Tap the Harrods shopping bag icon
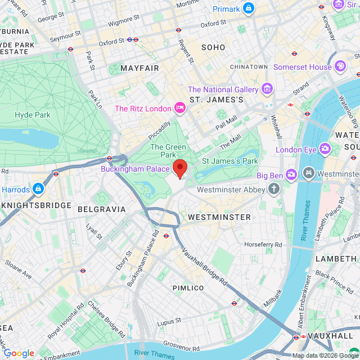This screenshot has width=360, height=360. (38, 188)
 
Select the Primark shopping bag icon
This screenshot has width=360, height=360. (249, 8)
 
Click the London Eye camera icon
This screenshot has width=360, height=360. (325, 149)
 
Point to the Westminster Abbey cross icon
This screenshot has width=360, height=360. (274, 189)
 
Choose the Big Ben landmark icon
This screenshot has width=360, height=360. (291, 175)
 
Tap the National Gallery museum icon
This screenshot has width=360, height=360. (267, 89)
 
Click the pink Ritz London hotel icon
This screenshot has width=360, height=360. (180, 107)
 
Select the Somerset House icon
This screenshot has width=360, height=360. (340, 67)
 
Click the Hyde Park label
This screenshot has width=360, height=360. (33, 115)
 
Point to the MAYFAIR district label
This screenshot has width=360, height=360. (140, 68)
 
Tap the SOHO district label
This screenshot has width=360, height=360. (213, 48)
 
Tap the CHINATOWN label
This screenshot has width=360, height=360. (249, 67)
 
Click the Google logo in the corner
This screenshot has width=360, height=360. (19, 353)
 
